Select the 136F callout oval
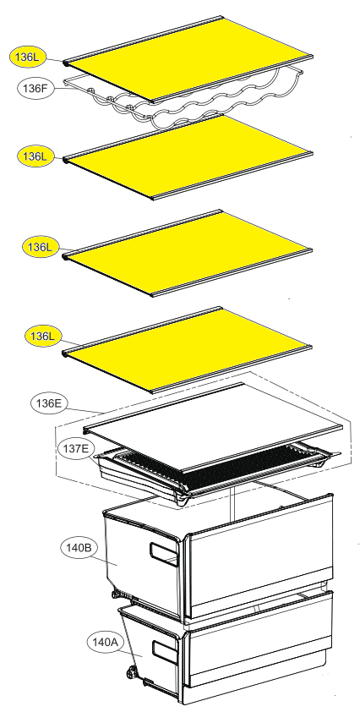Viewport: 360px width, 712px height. coord(35,88)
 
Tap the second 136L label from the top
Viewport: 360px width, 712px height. coord(35,156)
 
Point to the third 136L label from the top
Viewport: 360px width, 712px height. coord(41,247)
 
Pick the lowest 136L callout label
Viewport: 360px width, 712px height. coord(42,337)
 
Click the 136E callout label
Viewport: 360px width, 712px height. coord(48,403)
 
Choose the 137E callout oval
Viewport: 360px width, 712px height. coord(76,450)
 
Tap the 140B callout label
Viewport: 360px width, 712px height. coord(79,548)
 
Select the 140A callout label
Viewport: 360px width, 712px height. coord(105,643)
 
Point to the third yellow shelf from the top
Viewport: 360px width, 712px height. coord(188,254)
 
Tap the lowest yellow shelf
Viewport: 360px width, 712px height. coord(187,349)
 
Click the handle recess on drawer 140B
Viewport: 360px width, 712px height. coord(164,554)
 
